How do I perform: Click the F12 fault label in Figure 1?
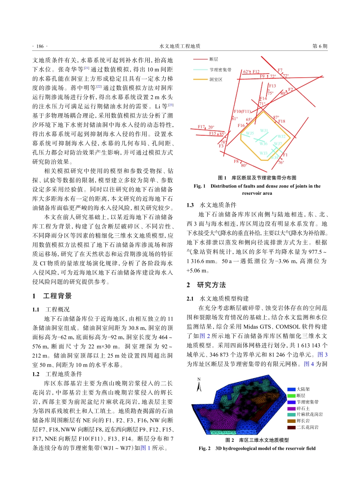pos(256,72)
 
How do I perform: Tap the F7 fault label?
pos(280,70)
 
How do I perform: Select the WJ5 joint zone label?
pos(250,133)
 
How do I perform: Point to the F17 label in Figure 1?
pos(201,127)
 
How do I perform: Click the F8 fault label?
pos(236,161)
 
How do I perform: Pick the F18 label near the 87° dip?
pos(282,121)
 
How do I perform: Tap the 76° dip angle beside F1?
pos(281,163)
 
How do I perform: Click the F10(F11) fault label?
pos(243,111)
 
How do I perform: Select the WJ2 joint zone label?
pos(281,136)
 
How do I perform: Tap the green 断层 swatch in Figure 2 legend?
pos(291,395)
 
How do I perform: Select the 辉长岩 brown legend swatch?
pos(291,421)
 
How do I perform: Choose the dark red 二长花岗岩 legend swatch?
pos(291,427)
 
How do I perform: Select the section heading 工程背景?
pos(58,296)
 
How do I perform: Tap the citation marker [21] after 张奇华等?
pos(87,68)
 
